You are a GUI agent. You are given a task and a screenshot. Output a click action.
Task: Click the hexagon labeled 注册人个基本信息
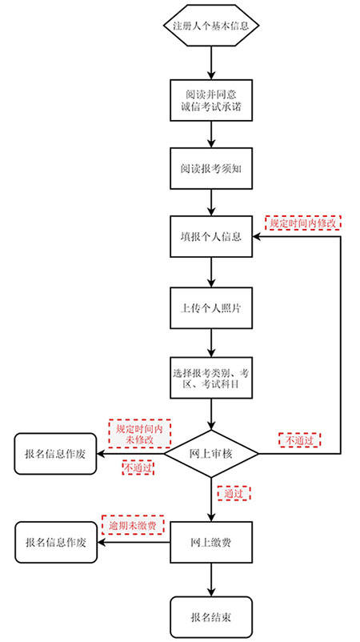point(211,25)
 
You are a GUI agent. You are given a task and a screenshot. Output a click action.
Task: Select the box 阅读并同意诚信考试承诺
point(211,100)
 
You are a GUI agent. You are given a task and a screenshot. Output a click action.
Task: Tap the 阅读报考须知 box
point(211,168)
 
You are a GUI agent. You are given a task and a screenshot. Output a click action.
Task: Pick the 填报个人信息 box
point(211,237)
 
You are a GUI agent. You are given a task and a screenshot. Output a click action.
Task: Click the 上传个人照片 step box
point(211,308)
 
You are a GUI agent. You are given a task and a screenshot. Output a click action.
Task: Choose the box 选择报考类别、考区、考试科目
point(211,378)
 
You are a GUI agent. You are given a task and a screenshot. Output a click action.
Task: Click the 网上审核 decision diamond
point(211,454)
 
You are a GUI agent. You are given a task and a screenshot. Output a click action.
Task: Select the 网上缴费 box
point(211,542)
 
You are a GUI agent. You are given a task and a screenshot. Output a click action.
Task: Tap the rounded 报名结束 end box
point(211,617)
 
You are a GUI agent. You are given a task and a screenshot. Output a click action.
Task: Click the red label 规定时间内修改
point(303,223)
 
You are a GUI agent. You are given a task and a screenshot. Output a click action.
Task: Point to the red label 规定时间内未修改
point(139,434)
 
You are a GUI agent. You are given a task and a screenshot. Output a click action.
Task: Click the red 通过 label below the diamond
point(234,493)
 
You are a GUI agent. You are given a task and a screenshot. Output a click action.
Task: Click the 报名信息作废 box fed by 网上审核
point(55,454)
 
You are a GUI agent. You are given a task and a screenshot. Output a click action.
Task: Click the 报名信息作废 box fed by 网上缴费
point(56,542)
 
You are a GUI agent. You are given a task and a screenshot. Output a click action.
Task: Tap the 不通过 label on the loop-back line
point(300,440)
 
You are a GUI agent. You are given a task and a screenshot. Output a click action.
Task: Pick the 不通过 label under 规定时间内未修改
point(138,468)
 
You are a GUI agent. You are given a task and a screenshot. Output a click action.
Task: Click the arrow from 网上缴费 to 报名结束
point(211,580)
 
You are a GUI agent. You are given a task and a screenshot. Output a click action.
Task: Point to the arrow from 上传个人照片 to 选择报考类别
point(211,343)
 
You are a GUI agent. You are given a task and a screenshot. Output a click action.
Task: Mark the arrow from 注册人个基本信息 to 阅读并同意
point(211,62)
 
